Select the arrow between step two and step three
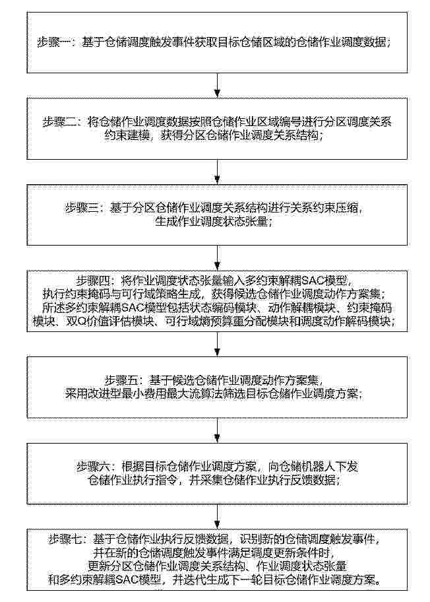coord(218,172)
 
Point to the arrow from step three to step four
coord(218,257)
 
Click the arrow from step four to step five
coord(218,344)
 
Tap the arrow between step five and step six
coord(218,430)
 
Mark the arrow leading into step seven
coord(218,516)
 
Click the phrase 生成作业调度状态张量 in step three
coord(211,222)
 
